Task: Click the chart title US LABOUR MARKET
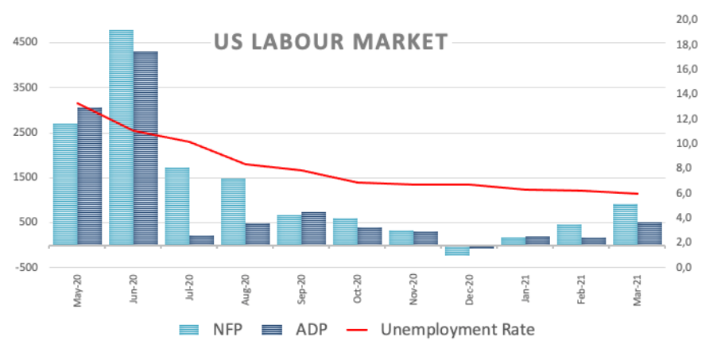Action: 331,42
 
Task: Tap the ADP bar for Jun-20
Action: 145,148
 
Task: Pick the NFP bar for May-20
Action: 65,184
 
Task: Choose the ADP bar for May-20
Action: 90,176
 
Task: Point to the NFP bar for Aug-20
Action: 233,211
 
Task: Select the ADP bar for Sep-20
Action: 313,228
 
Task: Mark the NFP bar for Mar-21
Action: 625,225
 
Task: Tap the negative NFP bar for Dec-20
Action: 457,250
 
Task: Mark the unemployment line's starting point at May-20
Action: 77,103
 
